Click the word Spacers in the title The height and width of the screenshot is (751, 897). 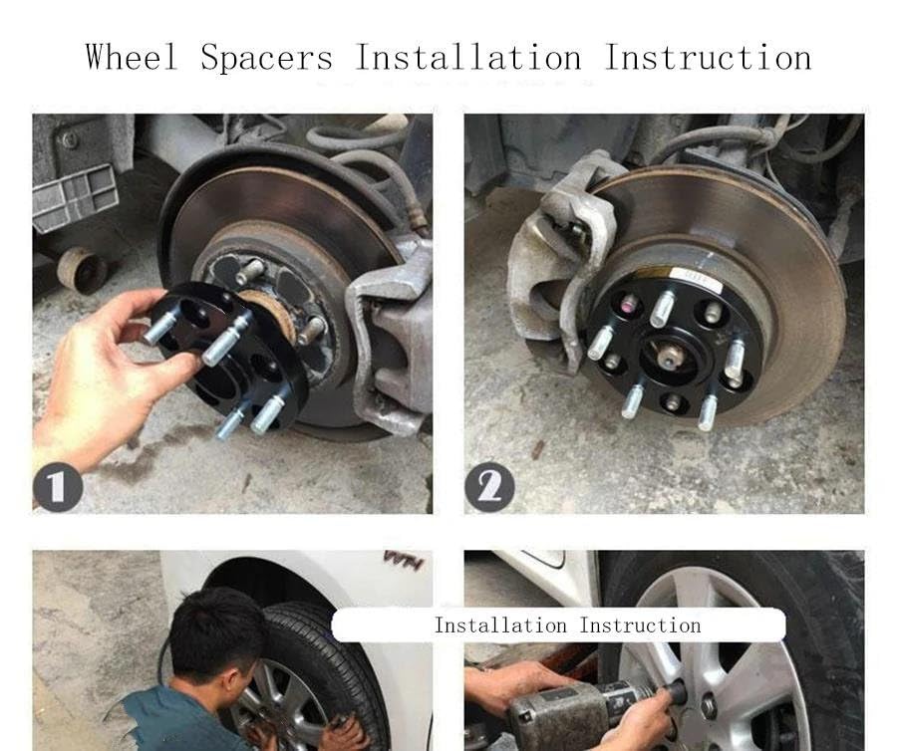[x=266, y=57]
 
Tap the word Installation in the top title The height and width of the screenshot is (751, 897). [x=468, y=57]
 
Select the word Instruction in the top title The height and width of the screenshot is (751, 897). [x=708, y=57]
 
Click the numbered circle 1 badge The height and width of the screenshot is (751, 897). [x=58, y=487]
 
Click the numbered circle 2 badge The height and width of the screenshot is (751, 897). [x=489, y=487]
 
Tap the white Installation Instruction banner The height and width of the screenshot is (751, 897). [x=558, y=625]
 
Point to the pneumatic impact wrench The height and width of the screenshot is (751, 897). [x=595, y=709]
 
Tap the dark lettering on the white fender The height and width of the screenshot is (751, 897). [x=405, y=560]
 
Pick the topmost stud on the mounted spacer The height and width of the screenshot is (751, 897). [x=663, y=309]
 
